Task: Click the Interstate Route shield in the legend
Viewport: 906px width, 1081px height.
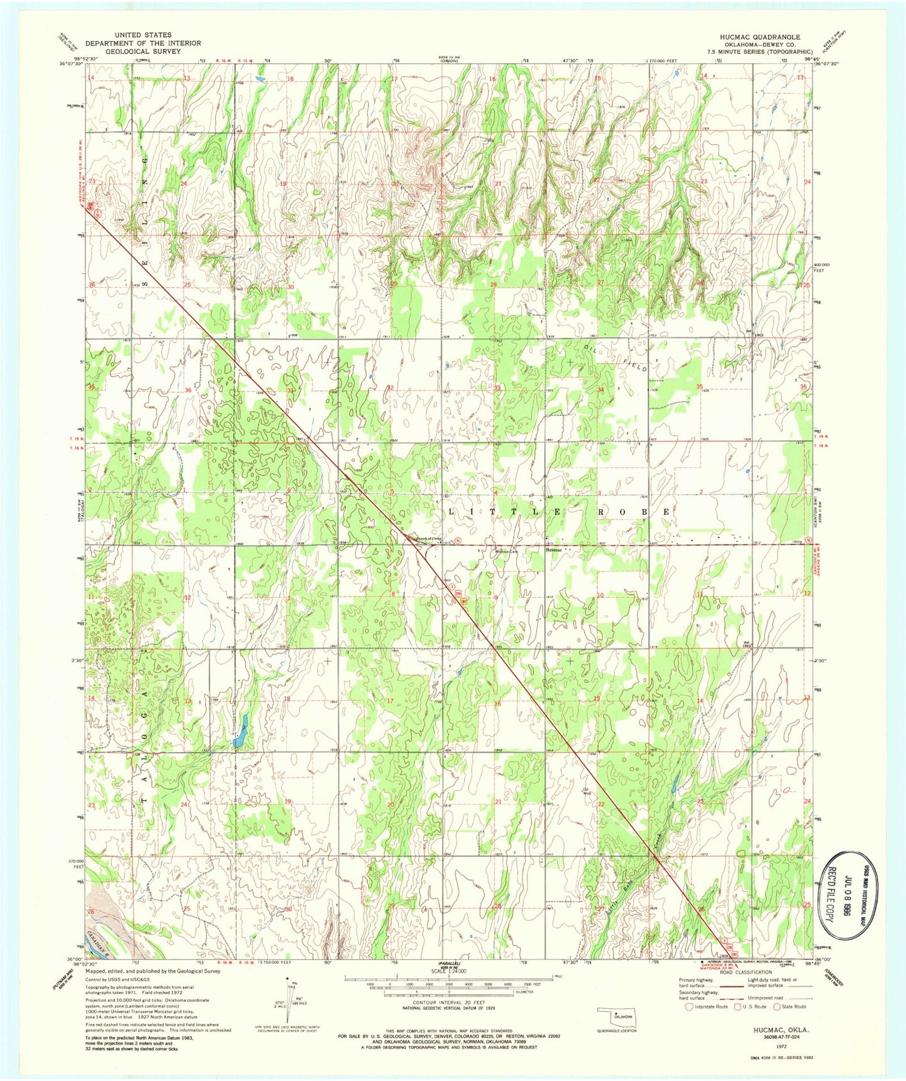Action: point(690,1007)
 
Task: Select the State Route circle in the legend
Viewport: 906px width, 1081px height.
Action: point(779,1007)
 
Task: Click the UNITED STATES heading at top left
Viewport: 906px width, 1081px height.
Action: point(143,35)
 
